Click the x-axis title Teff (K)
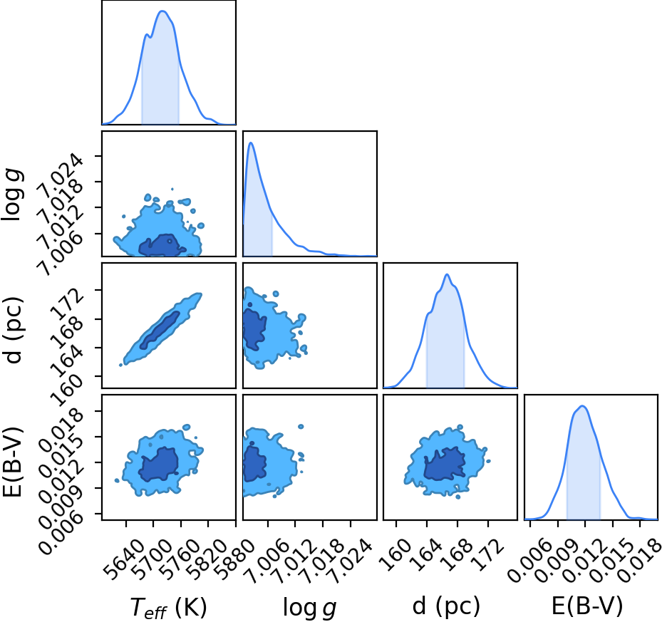tap(168, 607)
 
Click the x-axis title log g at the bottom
tap(310, 607)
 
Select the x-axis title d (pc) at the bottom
tap(446, 606)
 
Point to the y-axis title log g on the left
tap(12, 194)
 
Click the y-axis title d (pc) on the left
tap(12, 329)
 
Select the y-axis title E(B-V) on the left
tap(12, 462)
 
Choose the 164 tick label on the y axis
tap(66, 361)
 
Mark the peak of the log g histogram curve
tap(251, 142)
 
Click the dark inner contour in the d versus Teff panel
tap(160, 330)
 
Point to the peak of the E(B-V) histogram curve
tap(582, 406)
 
